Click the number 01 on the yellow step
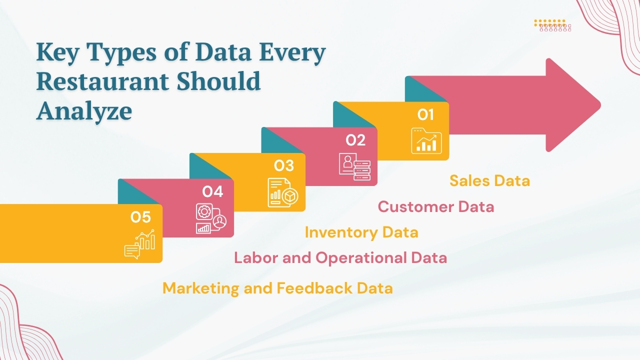tap(425, 115)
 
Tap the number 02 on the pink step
tap(355, 140)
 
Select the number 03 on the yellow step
tap(283, 166)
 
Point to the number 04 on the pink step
tap(212, 191)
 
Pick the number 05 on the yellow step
tap(140, 217)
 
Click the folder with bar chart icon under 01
tap(426, 140)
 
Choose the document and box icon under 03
tap(283, 192)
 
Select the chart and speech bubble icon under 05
tap(139, 244)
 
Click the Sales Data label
tap(489, 180)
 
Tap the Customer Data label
tap(436, 206)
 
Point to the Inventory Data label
tap(361, 232)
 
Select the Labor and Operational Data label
tap(340, 258)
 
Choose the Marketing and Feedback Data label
tap(277, 288)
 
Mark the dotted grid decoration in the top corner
tap(552, 25)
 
